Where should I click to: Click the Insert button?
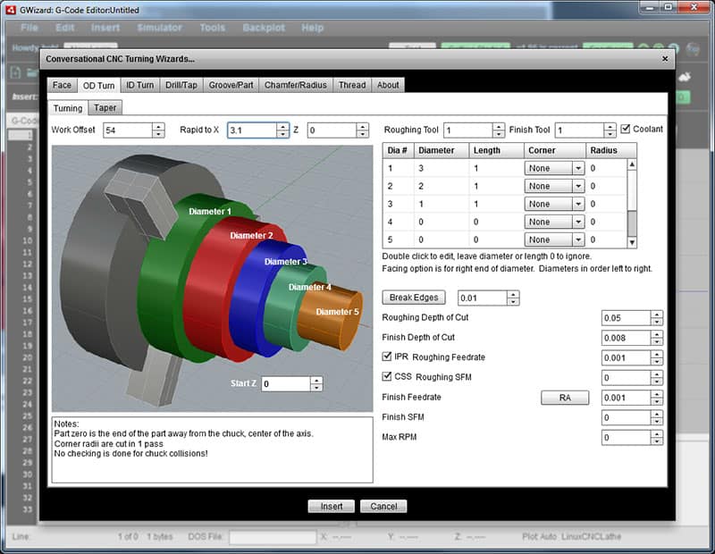pos(331,506)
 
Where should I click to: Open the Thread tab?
pos(351,85)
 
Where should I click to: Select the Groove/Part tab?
pos(230,85)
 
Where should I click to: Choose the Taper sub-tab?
pos(105,108)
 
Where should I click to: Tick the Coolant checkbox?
pos(626,129)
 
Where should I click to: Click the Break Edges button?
pos(413,298)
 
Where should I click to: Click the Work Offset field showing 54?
pos(127,130)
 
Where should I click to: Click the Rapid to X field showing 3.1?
pos(251,130)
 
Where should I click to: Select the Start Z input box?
pos(285,383)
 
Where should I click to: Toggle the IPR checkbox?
pos(387,357)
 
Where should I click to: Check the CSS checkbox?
pos(387,377)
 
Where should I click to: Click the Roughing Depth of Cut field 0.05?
pos(625,318)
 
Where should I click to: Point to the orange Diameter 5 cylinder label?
pos(337,312)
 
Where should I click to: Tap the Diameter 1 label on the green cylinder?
pos(210,212)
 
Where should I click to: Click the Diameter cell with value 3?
pos(442,168)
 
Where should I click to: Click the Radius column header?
pos(599,151)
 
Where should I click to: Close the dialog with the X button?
pos(664,59)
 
